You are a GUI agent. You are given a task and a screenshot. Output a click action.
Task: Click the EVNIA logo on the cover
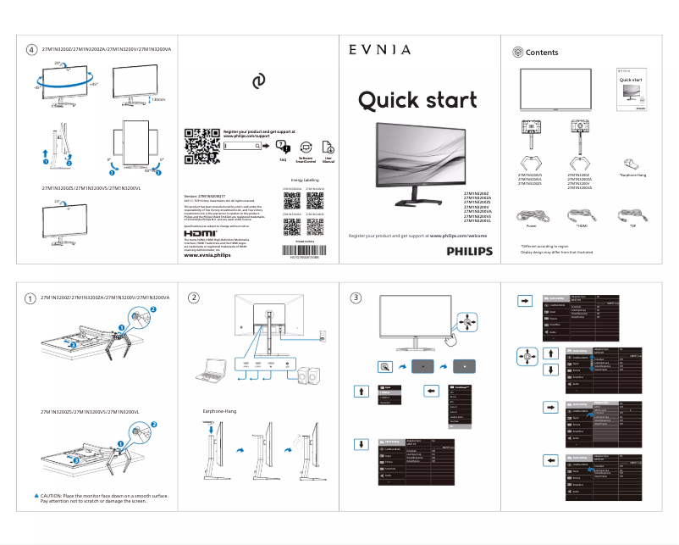380,50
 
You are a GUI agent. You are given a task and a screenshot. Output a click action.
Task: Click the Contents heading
542,53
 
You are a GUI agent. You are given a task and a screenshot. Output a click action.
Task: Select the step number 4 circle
31,49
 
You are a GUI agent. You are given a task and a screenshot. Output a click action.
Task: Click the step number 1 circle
30,298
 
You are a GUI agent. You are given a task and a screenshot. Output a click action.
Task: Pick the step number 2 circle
194,298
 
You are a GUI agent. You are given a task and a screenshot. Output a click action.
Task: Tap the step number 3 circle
356,298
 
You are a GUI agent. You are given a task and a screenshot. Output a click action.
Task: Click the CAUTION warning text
102,498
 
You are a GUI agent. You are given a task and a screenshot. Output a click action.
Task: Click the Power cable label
532,226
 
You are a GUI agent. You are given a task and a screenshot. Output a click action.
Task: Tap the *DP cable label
632,226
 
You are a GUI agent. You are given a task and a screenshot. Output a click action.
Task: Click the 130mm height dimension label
157,99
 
